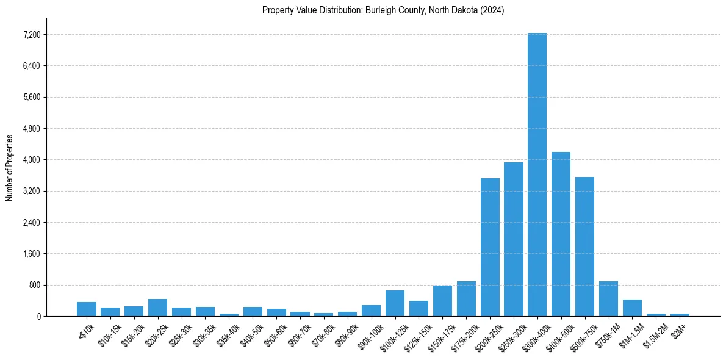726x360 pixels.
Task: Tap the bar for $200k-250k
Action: tap(490, 247)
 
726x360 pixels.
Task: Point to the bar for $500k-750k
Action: tap(584, 247)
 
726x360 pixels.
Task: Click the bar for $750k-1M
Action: tap(608, 299)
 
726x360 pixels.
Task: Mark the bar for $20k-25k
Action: tap(157, 308)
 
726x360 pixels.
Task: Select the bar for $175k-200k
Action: tap(466, 299)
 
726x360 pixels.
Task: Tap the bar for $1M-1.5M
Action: tap(632, 308)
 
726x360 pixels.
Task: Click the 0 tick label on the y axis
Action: tap(38, 316)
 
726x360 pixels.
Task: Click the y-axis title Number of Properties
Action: tap(10, 167)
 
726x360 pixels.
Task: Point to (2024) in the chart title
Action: tap(492, 10)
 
